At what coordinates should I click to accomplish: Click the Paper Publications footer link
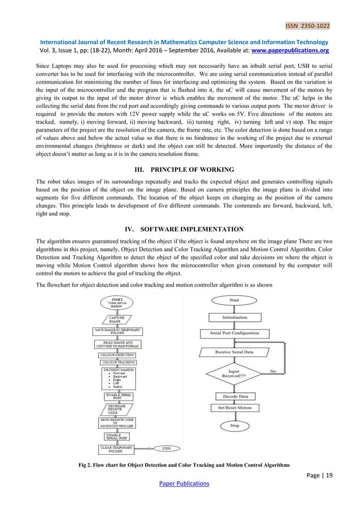tap(180, 483)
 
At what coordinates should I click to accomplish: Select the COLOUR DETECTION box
tap(118, 355)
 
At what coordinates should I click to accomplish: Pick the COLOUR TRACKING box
tap(118, 362)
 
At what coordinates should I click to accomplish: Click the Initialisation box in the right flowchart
tap(234, 317)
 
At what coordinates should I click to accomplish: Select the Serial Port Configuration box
tap(234, 334)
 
